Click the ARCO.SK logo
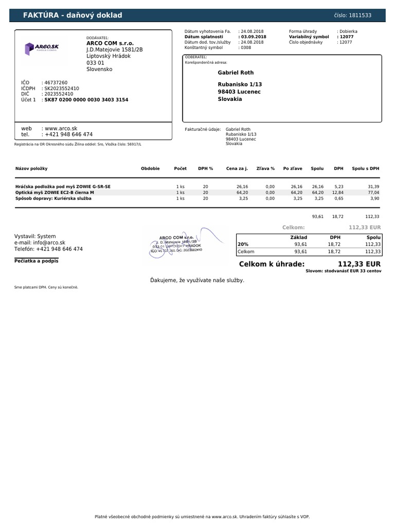click(42, 48)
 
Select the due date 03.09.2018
click(253, 37)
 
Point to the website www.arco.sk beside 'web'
click(61, 128)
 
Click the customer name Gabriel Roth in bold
click(236, 73)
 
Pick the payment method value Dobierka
click(348, 31)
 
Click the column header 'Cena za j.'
click(237, 168)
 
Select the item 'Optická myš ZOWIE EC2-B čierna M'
click(55, 192)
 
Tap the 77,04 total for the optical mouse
click(373, 192)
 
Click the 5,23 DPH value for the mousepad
click(339, 186)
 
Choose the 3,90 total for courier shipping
click(374, 198)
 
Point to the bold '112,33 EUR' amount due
click(360, 264)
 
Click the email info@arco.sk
click(48, 242)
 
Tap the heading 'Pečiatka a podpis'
click(36, 261)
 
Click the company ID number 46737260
click(56, 82)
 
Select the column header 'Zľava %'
click(266, 168)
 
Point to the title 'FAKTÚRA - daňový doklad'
click(73, 15)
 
